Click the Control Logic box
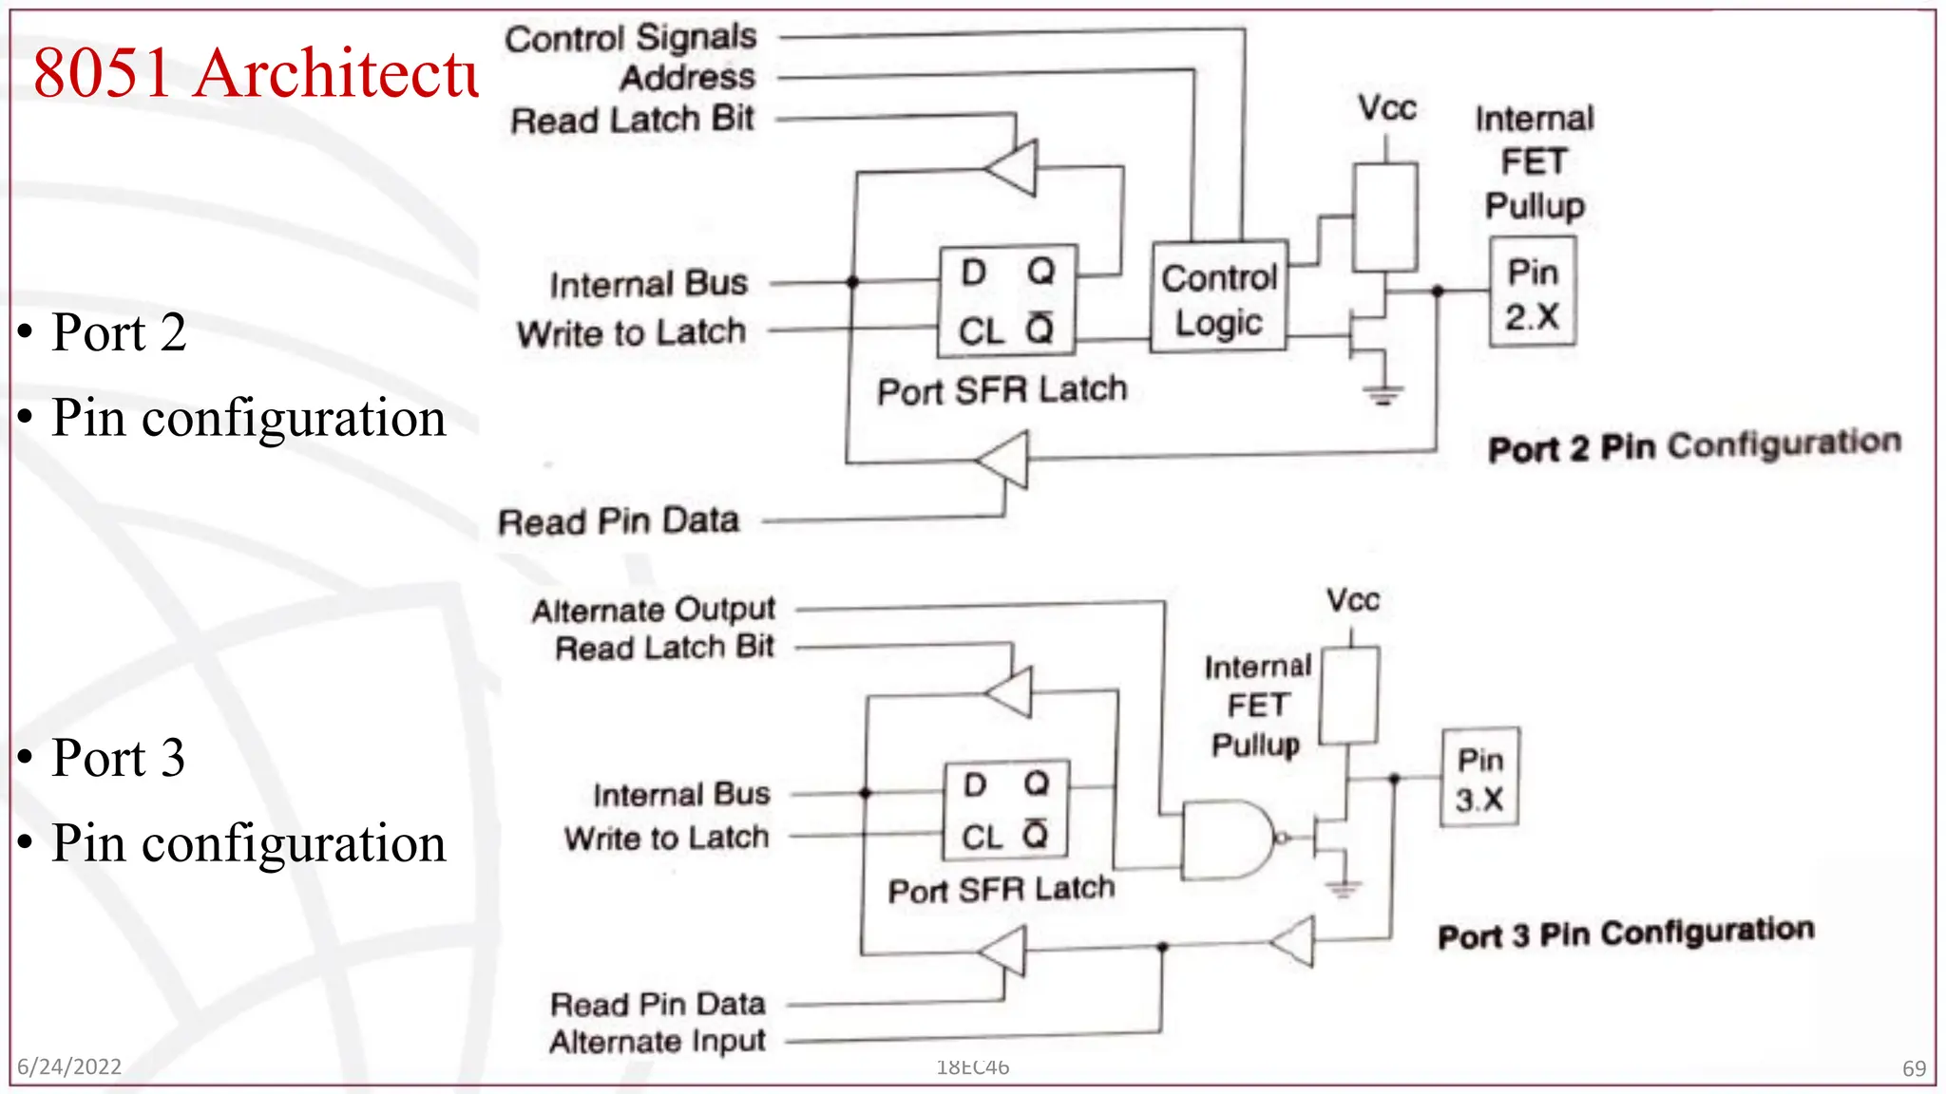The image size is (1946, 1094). point(1219,297)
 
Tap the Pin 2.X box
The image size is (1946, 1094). point(1532,292)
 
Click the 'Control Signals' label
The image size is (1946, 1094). point(631,39)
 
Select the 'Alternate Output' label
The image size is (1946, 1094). point(654,610)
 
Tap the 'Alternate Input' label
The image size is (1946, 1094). point(658,1042)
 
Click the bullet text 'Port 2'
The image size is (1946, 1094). point(119,332)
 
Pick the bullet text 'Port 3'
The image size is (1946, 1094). point(119,758)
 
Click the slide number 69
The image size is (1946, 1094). point(1914,1068)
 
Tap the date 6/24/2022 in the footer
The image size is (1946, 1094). point(69,1066)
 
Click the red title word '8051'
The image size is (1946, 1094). point(103,73)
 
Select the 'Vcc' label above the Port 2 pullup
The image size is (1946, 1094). point(1386,108)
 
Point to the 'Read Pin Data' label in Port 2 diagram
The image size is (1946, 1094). point(619,521)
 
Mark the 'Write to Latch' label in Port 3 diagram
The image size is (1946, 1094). point(666,839)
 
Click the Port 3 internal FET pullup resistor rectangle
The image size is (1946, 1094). point(1349,696)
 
